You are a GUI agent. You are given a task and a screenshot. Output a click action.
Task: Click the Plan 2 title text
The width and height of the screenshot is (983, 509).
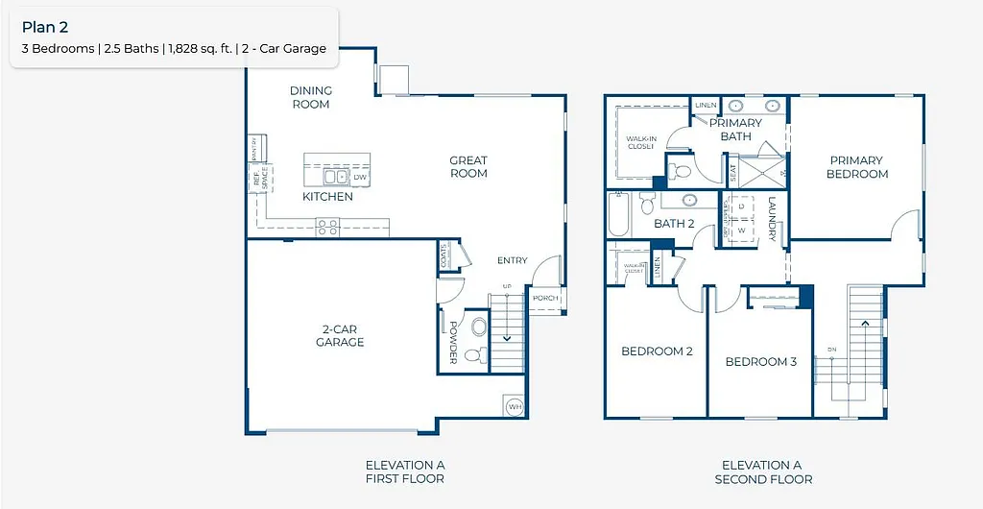45,28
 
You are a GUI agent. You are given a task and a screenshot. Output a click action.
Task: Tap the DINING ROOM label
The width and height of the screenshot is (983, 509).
311,97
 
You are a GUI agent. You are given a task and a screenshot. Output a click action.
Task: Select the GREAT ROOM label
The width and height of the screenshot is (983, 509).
468,167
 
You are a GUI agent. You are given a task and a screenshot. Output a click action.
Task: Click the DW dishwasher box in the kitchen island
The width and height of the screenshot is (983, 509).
360,178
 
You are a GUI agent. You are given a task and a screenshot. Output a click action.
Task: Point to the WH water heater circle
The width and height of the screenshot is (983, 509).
514,405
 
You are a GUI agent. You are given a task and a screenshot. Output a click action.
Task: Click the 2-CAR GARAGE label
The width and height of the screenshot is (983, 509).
340,336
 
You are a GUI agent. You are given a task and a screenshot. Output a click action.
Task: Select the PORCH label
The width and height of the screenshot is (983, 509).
545,298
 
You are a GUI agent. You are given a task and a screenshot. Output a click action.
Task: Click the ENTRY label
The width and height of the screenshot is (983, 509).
512,260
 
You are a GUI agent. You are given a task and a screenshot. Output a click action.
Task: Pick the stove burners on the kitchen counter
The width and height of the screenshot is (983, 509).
327,227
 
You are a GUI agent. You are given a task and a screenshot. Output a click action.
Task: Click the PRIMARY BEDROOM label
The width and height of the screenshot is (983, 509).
858,167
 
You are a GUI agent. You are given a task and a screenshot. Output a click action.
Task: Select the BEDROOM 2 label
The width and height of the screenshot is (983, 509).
657,351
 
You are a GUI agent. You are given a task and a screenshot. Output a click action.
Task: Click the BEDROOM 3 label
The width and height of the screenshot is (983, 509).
760,362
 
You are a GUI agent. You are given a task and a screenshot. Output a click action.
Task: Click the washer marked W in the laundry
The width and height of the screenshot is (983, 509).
741,230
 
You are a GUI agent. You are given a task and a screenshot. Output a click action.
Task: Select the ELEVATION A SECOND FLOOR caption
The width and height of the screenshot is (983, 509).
763,472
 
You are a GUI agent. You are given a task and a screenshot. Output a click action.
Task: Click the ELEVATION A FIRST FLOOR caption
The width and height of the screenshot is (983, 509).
404,472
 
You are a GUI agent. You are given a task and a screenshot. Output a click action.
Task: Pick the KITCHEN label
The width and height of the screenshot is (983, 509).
327,197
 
